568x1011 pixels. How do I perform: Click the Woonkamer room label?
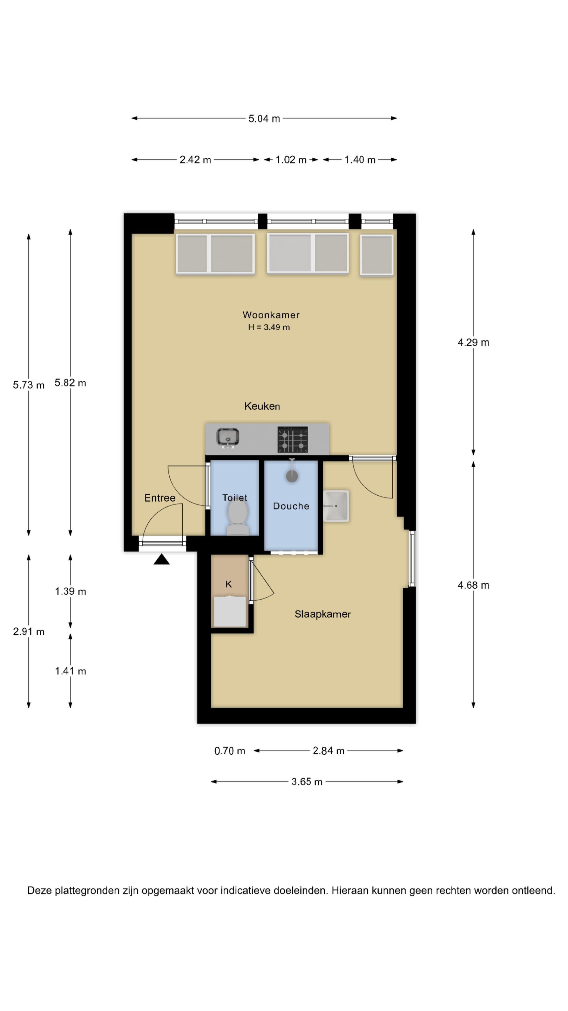pyautogui.click(x=271, y=315)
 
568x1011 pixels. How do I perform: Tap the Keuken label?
pyautogui.click(x=262, y=406)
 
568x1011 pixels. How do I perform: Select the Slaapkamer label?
pyautogui.click(x=323, y=614)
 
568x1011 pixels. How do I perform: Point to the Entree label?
pyautogui.click(x=160, y=498)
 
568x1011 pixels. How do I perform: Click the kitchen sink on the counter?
pyautogui.click(x=228, y=438)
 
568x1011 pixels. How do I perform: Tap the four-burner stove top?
pyautogui.click(x=293, y=440)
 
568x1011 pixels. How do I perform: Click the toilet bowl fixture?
pyautogui.click(x=238, y=518)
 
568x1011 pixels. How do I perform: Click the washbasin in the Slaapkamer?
pyautogui.click(x=336, y=506)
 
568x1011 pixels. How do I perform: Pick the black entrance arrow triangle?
pyautogui.click(x=162, y=559)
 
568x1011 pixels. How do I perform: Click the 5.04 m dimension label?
pyautogui.click(x=264, y=119)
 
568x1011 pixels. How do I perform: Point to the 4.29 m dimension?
pyautogui.click(x=473, y=343)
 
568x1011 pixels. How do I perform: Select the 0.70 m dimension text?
pyautogui.click(x=230, y=751)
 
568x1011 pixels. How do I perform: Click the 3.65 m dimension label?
pyautogui.click(x=307, y=782)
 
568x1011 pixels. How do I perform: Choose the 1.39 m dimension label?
pyautogui.click(x=70, y=592)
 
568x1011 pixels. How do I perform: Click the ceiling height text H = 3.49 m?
pyautogui.click(x=269, y=327)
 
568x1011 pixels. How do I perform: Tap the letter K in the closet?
pyautogui.click(x=229, y=584)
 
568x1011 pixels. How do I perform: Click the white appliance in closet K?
pyautogui.click(x=230, y=611)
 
